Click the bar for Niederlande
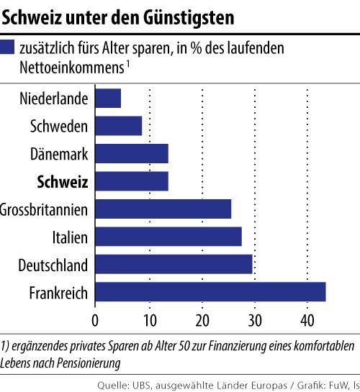[108, 98]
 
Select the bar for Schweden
[119, 126]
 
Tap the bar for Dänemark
[132, 153]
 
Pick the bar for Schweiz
[132, 181]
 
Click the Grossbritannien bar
[163, 209]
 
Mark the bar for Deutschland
[174, 264]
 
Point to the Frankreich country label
[58, 293]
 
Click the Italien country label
[70, 237]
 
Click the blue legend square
[9, 48]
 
